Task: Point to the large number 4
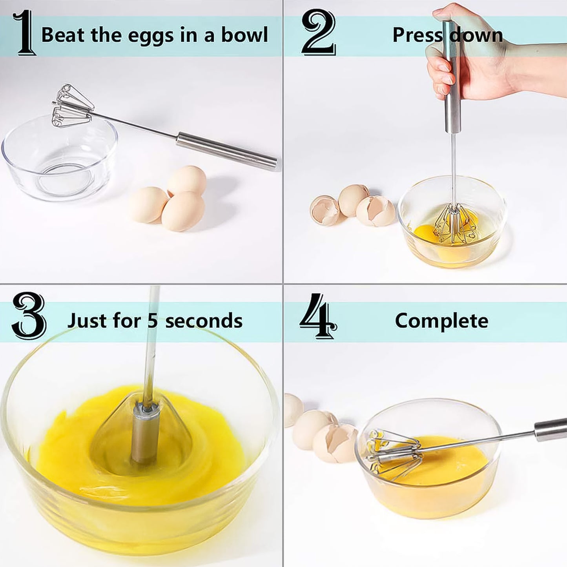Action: pos(317,317)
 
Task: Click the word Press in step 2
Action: pos(417,35)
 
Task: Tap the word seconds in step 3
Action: pos(204,321)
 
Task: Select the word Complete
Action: pos(441,321)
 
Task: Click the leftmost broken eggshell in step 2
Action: pos(325,211)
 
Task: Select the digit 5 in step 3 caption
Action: pos(153,321)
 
